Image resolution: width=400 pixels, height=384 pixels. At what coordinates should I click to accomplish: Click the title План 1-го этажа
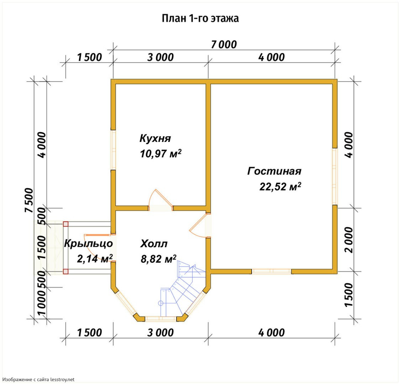(x=200, y=18)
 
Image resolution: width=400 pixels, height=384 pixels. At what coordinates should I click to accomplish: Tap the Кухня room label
(x=155, y=138)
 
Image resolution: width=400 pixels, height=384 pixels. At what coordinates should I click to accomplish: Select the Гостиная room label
(x=274, y=171)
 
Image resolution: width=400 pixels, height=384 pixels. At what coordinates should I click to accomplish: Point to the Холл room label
(x=154, y=244)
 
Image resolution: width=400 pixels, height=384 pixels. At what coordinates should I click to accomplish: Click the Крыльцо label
(x=88, y=244)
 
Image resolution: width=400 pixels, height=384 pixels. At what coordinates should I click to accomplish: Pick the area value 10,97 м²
(x=160, y=154)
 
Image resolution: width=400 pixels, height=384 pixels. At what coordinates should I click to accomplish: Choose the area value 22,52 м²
(x=280, y=186)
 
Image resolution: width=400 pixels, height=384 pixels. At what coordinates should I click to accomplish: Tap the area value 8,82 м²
(x=158, y=259)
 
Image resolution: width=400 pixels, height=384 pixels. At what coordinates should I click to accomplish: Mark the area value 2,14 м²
(x=95, y=259)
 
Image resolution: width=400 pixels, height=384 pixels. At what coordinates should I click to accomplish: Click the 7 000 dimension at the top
(x=224, y=44)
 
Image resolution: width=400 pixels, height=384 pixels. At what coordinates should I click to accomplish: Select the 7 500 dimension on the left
(x=29, y=200)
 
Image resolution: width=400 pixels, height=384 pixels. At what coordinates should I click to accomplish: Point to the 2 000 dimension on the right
(x=348, y=240)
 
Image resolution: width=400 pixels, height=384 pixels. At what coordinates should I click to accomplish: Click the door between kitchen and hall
(x=161, y=200)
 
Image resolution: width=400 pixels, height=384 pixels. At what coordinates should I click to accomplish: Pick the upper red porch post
(x=66, y=224)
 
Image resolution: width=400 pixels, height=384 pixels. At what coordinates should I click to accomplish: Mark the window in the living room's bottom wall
(x=272, y=271)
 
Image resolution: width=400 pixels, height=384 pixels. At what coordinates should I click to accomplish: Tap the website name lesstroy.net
(x=63, y=380)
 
